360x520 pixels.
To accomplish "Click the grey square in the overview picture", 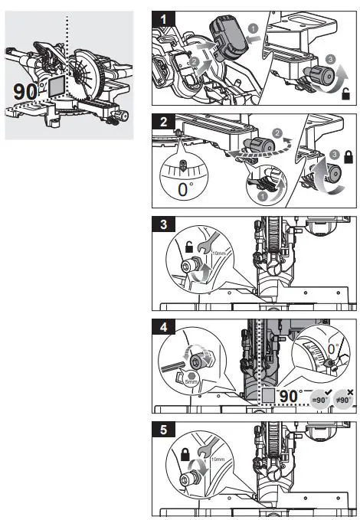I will coord(57,87).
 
